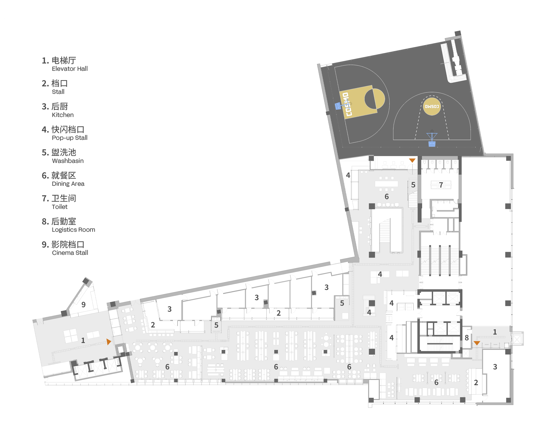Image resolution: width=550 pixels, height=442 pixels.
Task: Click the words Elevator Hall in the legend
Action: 70,69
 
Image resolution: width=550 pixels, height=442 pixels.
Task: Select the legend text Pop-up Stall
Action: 70,138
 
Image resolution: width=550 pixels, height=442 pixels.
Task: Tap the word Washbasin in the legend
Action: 68,161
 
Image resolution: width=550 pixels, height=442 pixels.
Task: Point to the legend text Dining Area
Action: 68,184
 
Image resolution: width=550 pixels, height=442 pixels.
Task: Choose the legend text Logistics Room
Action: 73,230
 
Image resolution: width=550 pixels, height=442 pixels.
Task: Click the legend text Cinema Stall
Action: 70,253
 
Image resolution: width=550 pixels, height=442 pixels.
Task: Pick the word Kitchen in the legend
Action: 63,115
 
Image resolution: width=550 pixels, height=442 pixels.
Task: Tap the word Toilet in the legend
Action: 60,207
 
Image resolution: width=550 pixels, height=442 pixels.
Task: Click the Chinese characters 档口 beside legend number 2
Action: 60,83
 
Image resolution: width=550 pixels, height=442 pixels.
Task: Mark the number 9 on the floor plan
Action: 83,305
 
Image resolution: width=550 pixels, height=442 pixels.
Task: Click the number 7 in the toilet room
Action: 441,185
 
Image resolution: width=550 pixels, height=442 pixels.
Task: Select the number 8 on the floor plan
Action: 467,338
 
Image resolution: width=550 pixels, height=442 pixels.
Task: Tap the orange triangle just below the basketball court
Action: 412,160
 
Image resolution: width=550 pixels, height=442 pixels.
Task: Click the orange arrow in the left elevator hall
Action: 109,342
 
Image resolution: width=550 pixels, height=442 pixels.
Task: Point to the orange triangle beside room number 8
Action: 477,343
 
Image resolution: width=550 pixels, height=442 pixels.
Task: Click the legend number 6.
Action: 45,176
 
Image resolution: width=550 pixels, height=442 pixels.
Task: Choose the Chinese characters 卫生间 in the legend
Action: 64,198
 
